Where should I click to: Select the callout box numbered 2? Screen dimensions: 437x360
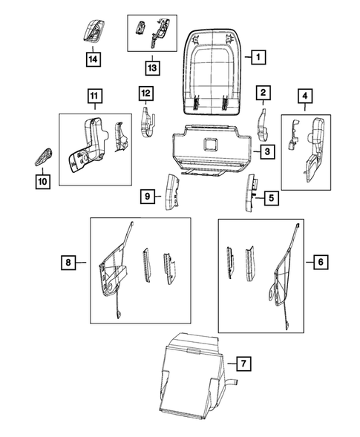(263, 93)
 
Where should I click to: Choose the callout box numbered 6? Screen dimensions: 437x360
(320, 262)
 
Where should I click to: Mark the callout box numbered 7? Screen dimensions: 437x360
(242, 364)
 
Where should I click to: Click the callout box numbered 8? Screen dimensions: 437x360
(68, 262)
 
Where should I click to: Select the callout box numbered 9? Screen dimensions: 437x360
(147, 197)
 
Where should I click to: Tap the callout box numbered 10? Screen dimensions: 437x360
(42, 180)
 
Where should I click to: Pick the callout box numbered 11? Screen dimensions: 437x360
(94, 95)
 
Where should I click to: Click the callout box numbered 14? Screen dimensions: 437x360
(95, 58)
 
